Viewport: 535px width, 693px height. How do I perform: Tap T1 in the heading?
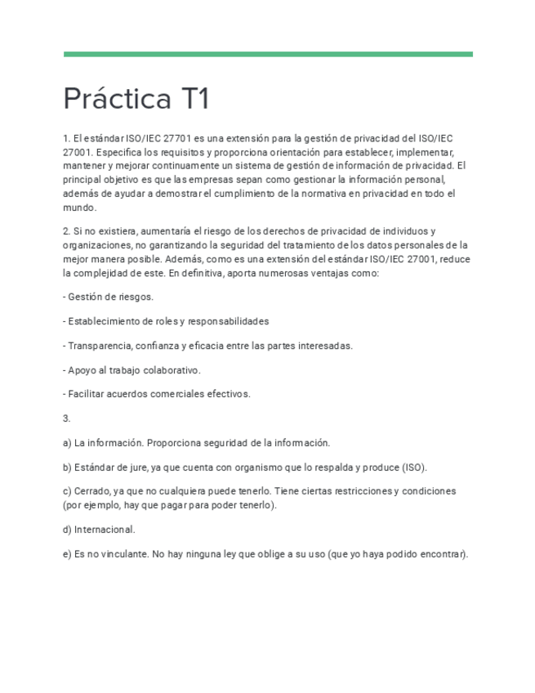(x=192, y=100)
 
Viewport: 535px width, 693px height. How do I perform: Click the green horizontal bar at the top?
(x=268, y=55)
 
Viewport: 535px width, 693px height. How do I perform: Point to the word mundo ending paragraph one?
(x=78, y=208)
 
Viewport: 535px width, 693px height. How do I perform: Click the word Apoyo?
(x=83, y=369)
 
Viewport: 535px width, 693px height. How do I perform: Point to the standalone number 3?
(x=66, y=418)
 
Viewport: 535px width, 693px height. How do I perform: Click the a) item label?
(x=67, y=443)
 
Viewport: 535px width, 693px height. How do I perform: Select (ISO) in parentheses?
(x=413, y=467)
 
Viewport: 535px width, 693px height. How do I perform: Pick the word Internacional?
(x=105, y=530)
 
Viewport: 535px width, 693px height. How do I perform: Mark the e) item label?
(x=67, y=554)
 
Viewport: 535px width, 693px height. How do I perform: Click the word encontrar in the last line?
(x=442, y=554)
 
